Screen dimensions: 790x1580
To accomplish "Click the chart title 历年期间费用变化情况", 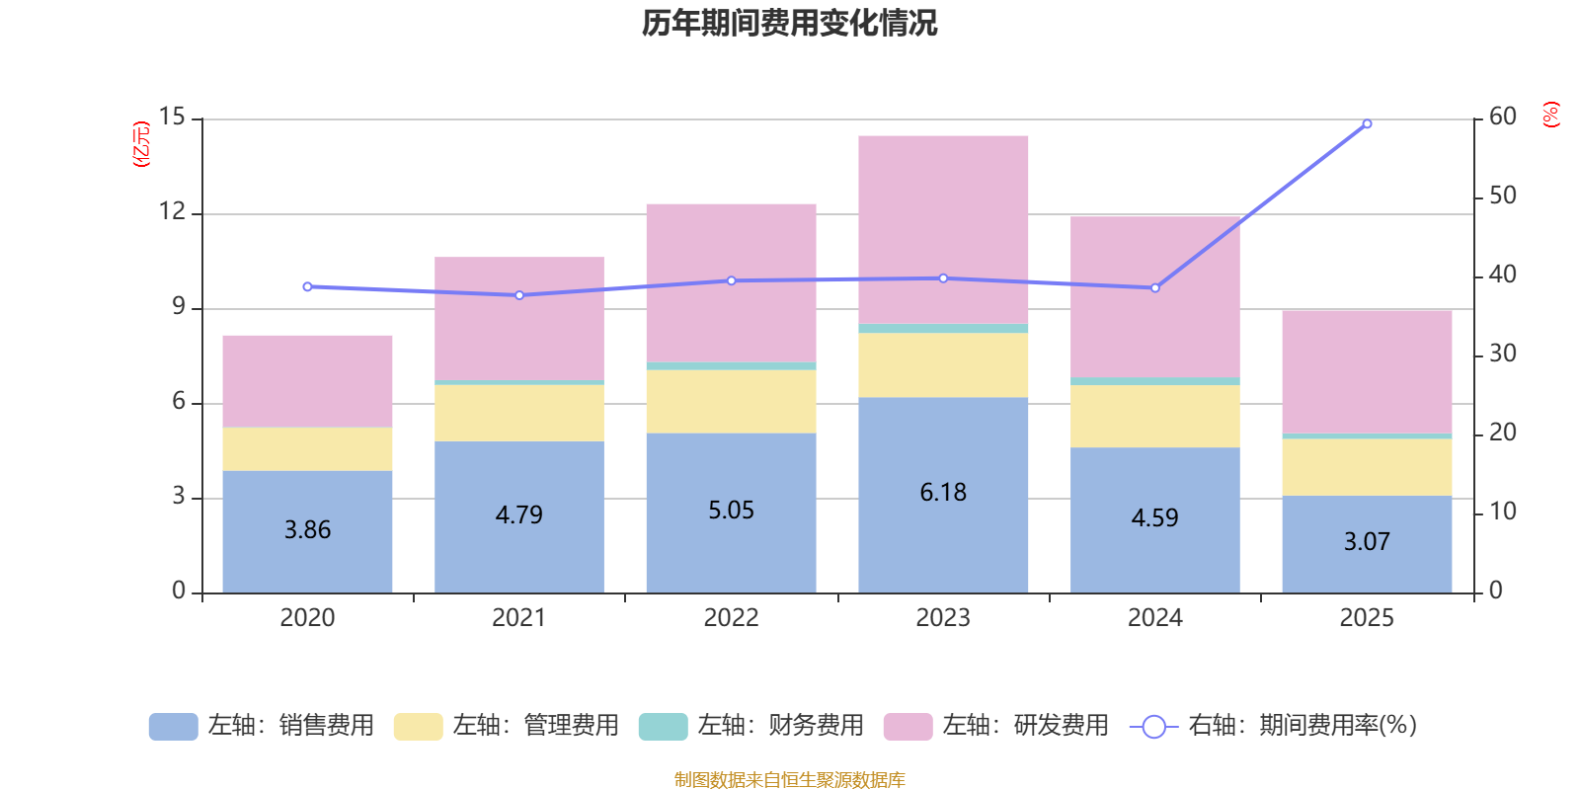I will point(789,23).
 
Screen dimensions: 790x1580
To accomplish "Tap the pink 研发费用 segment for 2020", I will point(307,380).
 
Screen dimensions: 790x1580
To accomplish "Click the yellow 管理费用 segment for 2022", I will point(731,401).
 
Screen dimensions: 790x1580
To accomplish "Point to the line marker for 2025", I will point(1367,124).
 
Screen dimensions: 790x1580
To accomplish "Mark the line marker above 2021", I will point(519,295).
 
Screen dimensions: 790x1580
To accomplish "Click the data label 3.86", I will point(307,530).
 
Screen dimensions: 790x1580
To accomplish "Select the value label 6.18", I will point(943,493).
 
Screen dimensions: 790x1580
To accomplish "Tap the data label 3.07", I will point(1367,542).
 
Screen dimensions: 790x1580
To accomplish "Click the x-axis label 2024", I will point(1154,618).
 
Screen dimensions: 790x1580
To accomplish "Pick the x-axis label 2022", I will point(731,618).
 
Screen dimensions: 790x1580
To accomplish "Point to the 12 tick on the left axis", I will point(173,211).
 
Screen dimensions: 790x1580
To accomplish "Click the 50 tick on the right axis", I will point(1502,196).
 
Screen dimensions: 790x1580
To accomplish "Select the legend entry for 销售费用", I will point(262,726).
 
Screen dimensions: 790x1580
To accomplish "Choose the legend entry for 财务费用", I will point(751,726).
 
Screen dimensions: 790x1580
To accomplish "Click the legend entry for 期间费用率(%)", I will point(1274,726).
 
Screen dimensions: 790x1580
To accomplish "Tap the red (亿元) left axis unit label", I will point(142,144).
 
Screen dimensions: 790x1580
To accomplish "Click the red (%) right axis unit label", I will point(1551,115).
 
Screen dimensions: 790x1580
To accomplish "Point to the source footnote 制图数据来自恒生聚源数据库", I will point(789,780).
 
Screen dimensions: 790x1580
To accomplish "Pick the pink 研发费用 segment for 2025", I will point(1367,370).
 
